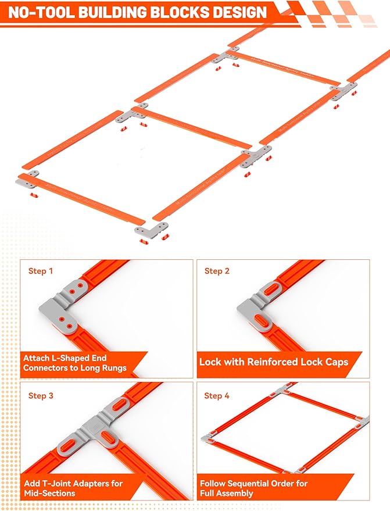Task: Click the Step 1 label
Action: (x=41, y=271)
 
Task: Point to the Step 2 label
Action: (x=217, y=271)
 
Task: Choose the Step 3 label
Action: (x=41, y=396)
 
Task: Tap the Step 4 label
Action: (x=217, y=396)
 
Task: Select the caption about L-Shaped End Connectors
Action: (x=74, y=363)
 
